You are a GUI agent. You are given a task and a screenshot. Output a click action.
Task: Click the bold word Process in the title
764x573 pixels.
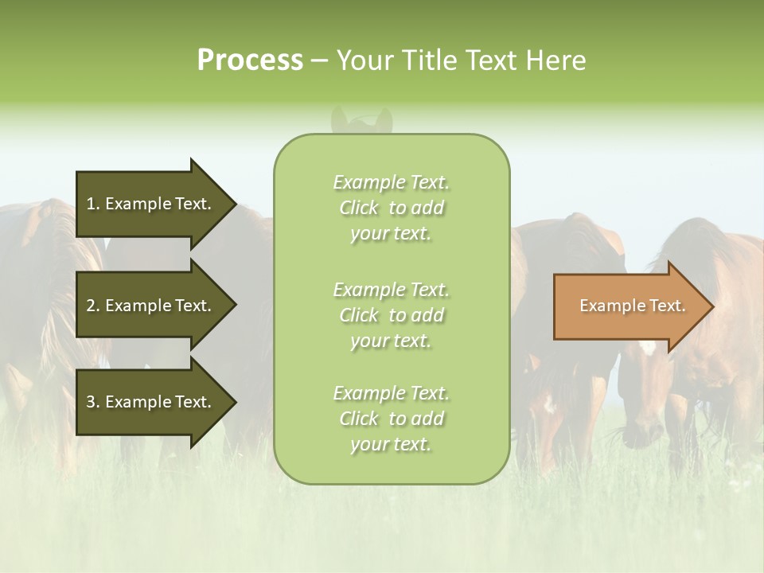click(x=250, y=60)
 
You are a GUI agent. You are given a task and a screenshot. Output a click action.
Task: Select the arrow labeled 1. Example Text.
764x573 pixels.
click(x=151, y=204)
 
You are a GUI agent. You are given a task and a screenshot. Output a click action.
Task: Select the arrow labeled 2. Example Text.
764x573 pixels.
click(x=151, y=306)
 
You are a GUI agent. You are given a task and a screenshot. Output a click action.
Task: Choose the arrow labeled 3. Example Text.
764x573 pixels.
click(x=151, y=402)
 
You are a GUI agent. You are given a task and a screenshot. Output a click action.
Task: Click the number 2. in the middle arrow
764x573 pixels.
click(x=93, y=306)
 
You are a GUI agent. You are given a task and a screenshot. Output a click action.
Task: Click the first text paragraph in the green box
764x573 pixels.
click(x=391, y=208)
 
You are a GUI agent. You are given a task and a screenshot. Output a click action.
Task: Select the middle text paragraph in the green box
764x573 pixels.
click(x=391, y=315)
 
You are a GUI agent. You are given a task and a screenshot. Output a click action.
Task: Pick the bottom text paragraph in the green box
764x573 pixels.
click(x=391, y=419)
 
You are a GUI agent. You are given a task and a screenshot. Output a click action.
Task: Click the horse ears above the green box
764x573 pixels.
click(x=362, y=119)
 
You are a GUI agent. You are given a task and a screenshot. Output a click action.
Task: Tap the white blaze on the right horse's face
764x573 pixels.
click(x=648, y=347)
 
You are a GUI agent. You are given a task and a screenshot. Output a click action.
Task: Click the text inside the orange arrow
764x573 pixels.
click(x=632, y=306)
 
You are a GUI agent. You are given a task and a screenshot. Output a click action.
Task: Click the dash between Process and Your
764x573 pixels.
click(x=319, y=61)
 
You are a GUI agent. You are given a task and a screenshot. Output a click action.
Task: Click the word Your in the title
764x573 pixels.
click(x=364, y=60)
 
